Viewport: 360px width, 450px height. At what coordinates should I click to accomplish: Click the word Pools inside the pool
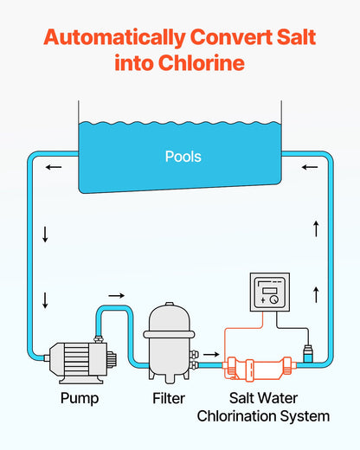click(183, 157)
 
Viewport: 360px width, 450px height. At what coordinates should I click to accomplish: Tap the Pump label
click(79, 399)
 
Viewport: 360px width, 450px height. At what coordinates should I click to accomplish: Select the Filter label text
click(168, 399)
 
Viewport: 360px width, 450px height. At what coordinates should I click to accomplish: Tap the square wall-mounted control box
click(268, 292)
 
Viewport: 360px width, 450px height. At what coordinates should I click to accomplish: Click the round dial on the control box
click(274, 299)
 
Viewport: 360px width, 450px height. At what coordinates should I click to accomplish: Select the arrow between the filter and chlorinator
click(210, 354)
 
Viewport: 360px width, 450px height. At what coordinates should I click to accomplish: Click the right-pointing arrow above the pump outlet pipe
click(116, 296)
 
